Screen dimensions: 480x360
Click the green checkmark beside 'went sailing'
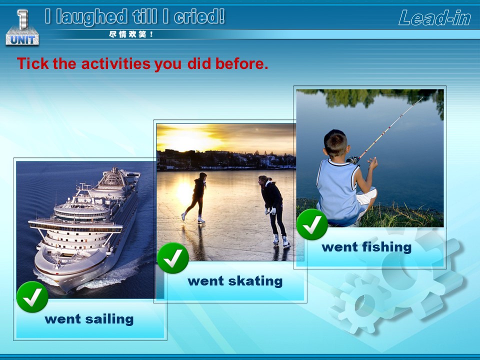(32, 297)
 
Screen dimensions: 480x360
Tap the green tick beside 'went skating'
(173, 258)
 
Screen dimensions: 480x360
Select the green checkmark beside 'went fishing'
(312, 224)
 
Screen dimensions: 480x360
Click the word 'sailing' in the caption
(109, 319)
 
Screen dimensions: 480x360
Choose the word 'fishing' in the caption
(386, 247)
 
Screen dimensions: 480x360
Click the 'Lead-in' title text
(434, 17)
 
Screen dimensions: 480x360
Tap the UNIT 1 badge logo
(22, 27)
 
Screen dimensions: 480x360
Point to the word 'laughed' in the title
(92, 17)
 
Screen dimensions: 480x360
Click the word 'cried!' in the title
(199, 16)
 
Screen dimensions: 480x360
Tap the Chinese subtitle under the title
(130, 34)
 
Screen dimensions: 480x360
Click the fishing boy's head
(336, 143)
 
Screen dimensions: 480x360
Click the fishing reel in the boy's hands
(353, 160)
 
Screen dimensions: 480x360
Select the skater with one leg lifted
(196, 197)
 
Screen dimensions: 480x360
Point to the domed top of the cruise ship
(113, 176)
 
